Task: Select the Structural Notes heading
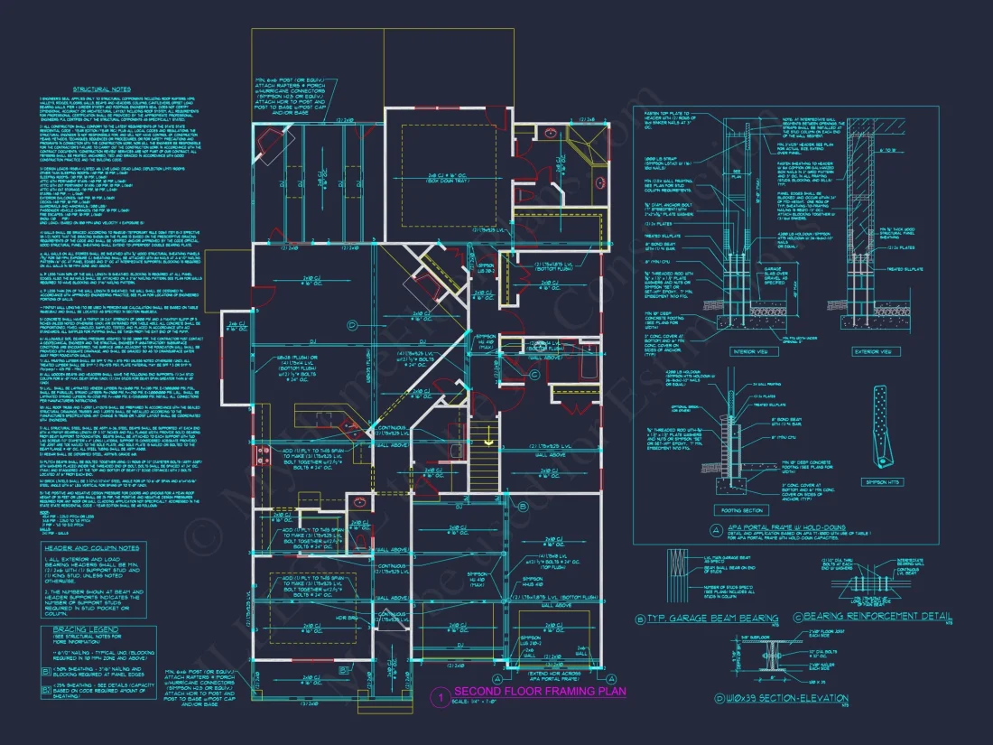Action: pos(101,89)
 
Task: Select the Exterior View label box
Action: pos(873,351)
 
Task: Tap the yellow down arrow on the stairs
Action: pos(488,441)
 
